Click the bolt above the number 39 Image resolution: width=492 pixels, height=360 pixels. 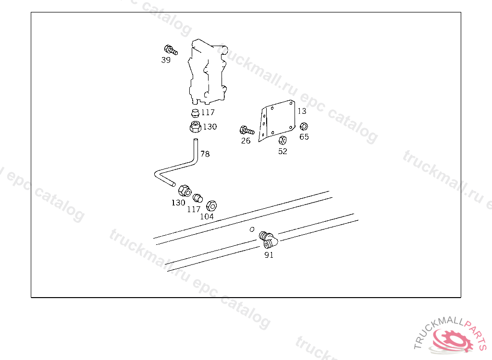coord(171,50)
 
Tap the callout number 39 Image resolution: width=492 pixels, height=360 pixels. coord(166,60)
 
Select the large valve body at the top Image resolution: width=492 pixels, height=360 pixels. coord(208,72)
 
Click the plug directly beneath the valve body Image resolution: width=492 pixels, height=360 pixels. coord(195,113)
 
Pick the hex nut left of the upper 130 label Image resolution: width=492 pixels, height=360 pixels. coord(196,127)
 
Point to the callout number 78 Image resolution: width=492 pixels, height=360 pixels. coord(205,154)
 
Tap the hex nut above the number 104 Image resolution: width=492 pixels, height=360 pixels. coord(211,206)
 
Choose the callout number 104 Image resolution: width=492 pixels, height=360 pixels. coord(207,216)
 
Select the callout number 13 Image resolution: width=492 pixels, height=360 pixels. coord(302,111)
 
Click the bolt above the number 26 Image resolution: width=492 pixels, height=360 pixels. coord(247,130)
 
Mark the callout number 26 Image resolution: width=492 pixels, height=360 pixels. coord(246,141)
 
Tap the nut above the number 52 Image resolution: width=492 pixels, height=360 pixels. coord(283,140)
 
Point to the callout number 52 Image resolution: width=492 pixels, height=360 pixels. coord(283,152)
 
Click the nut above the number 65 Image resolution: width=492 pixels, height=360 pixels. coord(304,126)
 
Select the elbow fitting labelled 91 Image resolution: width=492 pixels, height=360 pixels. coord(268,240)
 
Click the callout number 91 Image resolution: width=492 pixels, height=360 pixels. coord(269,255)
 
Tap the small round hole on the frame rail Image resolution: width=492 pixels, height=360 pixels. coord(252,229)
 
